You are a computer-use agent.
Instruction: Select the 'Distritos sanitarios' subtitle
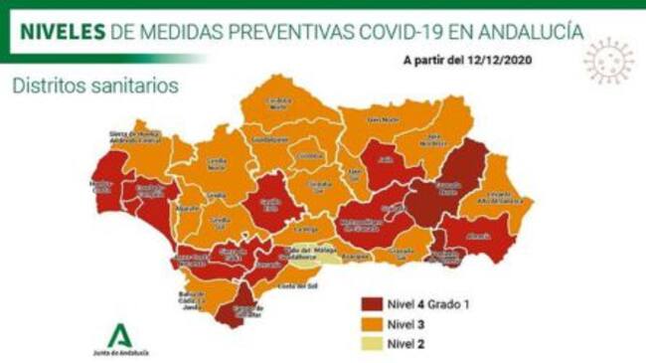(x=94, y=86)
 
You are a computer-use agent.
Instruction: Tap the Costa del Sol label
(x=301, y=285)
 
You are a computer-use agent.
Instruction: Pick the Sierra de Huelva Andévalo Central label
(x=131, y=141)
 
